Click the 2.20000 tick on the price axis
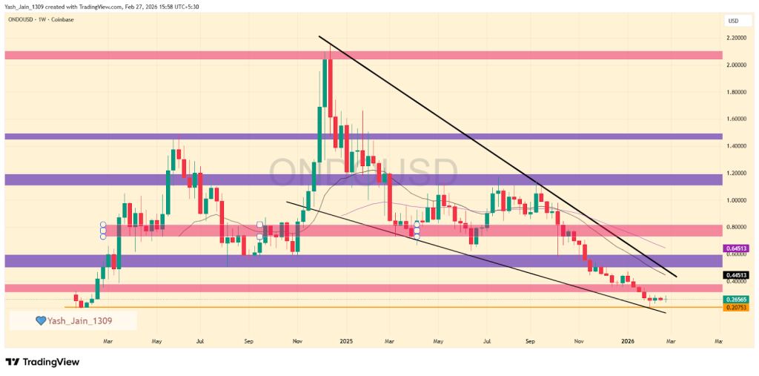[x=736, y=38]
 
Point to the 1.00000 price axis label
[x=736, y=200]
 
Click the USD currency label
[x=734, y=20]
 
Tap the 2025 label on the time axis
[x=345, y=341]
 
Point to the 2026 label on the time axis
[x=628, y=341]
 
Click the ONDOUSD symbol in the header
[x=23, y=20]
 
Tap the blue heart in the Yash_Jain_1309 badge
[x=43, y=321]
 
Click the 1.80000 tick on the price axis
[x=736, y=92]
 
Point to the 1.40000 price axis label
[x=736, y=146]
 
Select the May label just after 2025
[x=438, y=341]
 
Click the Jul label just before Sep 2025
[x=487, y=341]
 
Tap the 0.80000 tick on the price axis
[x=736, y=227]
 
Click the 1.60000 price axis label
[x=736, y=119]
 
